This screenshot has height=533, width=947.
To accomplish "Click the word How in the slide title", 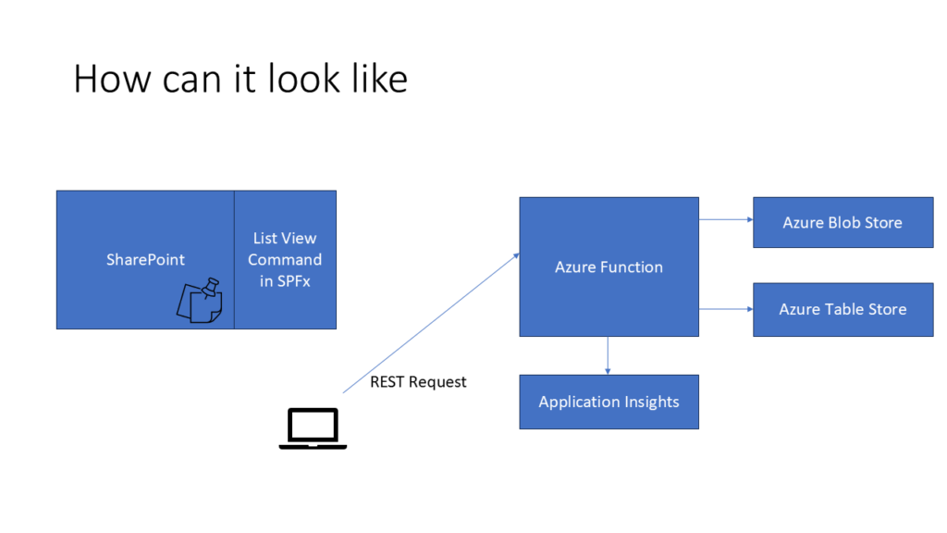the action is [x=112, y=79].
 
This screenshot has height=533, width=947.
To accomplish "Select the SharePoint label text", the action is [x=145, y=259].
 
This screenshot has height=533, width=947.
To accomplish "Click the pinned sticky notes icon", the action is [x=200, y=301].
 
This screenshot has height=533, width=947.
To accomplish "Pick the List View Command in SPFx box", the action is [x=285, y=260].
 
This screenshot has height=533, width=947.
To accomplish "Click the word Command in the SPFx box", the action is [x=285, y=259].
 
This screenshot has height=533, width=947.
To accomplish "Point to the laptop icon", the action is [x=313, y=428].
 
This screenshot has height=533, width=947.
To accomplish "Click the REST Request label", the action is [x=418, y=382].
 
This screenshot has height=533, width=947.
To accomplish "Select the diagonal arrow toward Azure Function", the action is [x=431, y=323].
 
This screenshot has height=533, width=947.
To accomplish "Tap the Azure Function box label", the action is [x=609, y=267].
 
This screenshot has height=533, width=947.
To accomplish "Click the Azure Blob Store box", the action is [x=843, y=222].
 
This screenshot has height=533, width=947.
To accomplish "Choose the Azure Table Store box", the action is [x=843, y=309].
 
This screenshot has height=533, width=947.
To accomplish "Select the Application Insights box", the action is [x=609, y=402].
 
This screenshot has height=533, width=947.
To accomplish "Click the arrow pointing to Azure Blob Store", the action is [x=726, y=219].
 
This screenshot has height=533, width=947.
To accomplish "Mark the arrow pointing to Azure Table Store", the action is [x=726, y=309].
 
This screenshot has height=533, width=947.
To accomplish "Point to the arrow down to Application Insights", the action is [x=608, y=356].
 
